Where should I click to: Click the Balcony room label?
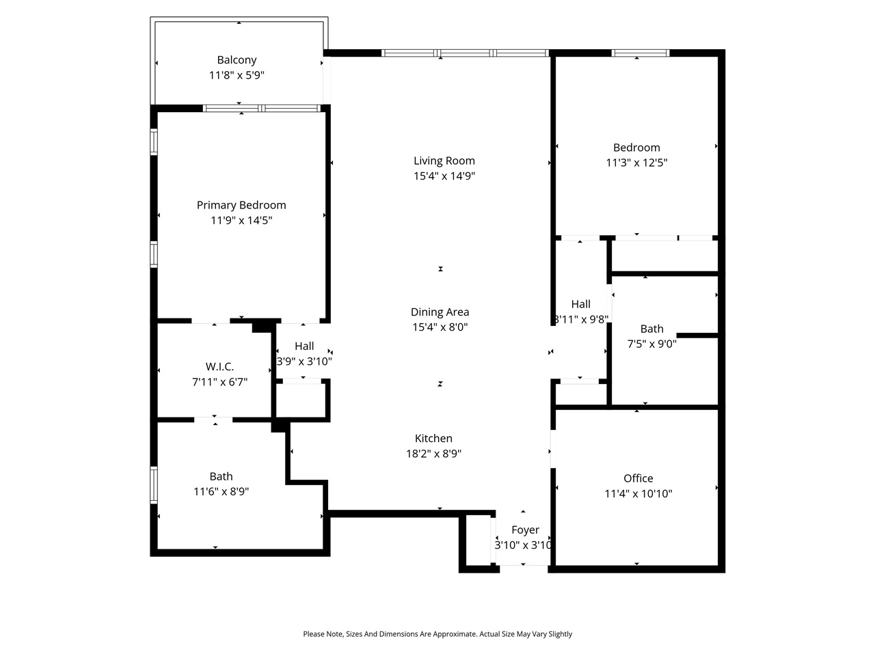point(237,60)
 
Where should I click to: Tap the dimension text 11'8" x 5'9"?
point(237,75)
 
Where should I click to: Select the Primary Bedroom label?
point(241,205)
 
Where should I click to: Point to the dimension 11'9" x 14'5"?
point(241,220)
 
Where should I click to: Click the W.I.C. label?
point(219,367)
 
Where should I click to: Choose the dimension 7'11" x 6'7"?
point(219,382)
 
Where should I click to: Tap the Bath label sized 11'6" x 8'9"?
point(221,476)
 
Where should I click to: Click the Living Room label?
point(444,161)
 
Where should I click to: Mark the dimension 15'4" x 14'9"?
point(444,176)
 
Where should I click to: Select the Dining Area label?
point(440,312)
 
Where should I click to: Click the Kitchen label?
point(433,439)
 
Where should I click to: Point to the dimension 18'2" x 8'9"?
point(433,454)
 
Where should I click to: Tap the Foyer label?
point(525,530)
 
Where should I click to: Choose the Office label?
point(638,478)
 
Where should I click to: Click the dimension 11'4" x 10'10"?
point(638,493)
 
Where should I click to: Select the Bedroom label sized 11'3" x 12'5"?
point(636,148)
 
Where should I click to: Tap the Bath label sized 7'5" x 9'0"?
point(651,329)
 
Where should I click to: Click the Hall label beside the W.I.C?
point(304,346)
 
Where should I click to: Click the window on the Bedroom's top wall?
point(640,53)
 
